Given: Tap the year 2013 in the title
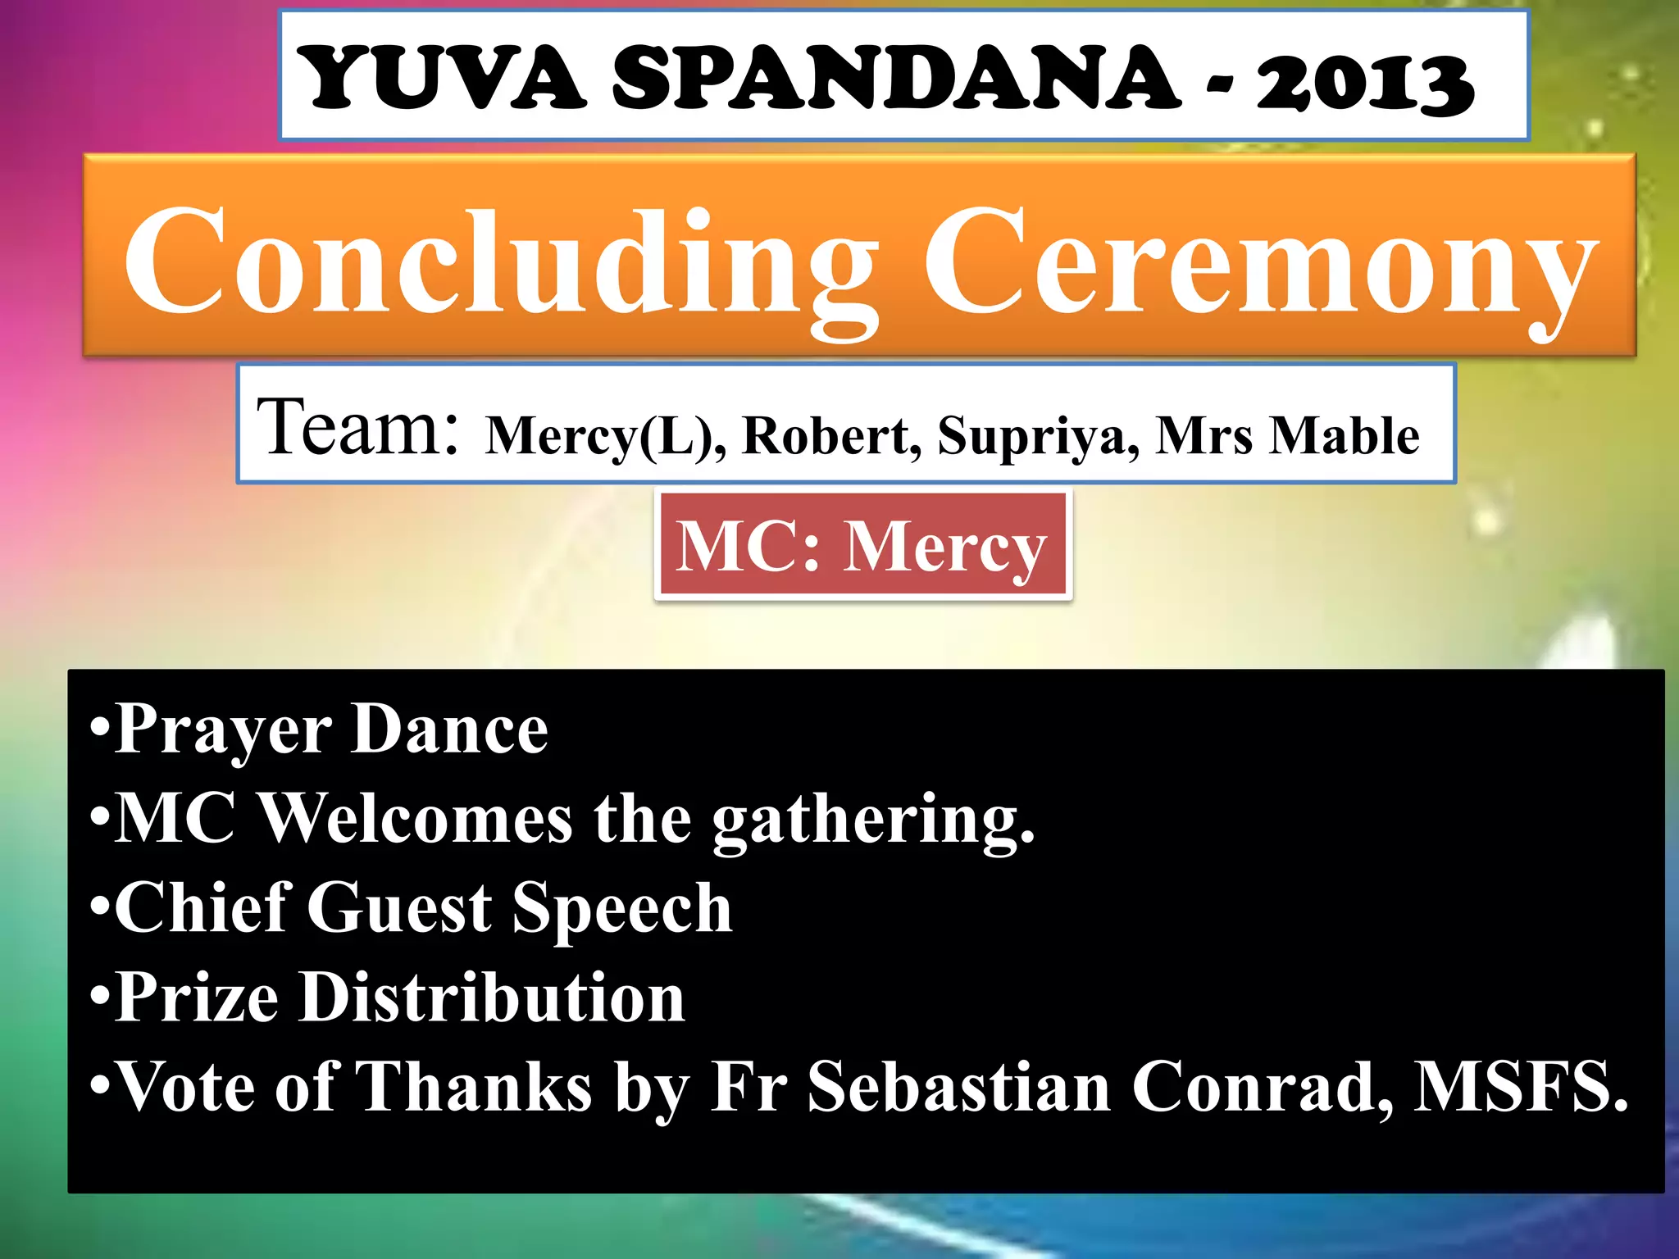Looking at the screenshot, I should (1365, 80).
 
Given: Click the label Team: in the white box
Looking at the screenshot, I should (357, 427).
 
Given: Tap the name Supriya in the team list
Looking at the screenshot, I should (1038, 437).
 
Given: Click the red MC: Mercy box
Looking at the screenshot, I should (862, 546).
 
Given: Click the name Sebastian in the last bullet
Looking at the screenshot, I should (959, 1087).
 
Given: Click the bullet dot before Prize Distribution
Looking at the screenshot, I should (100, 998).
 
